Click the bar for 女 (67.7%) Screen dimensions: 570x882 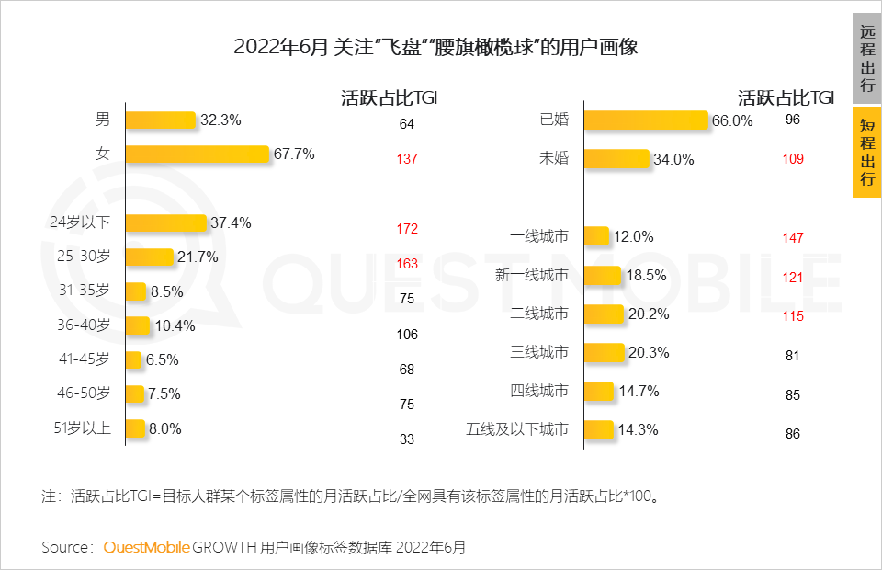(x=197, y=154)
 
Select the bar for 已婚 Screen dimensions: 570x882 (x=646, y=120)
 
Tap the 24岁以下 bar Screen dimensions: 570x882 (x=165, y=222)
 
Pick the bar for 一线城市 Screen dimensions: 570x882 (x=596, y=236)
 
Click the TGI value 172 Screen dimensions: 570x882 (x=407, y=228)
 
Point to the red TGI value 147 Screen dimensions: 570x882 (x=793, y=238)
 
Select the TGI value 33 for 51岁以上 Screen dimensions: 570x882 (x=407, y=439)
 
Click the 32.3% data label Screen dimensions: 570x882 (x=220, y=120)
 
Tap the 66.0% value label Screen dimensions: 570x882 (x=732, y=120)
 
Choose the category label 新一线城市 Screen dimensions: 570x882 (x=531, y=275)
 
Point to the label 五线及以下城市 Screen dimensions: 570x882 (x=517, y=429)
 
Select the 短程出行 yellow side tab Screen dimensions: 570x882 (x=867, y=153)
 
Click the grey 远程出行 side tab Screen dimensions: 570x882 (x=867, y=58)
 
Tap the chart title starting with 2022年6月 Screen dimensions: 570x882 (x=435, y=47)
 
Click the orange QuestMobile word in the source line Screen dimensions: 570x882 (x=147, y=548)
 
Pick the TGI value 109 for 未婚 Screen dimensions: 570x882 (x=793, y=159)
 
